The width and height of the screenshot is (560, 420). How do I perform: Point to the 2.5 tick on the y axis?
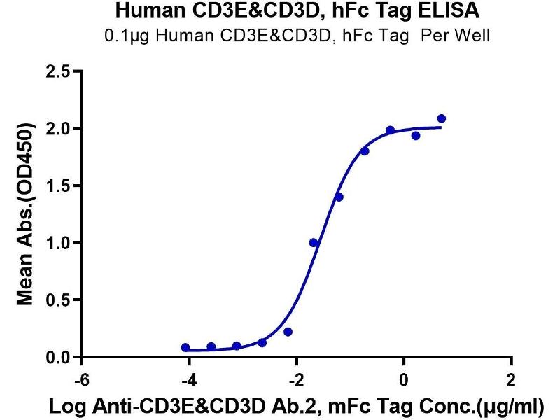pyautogui.click(x=61, y=71)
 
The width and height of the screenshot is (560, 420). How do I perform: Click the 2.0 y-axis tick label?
pyautogui.click(x=61, y=128)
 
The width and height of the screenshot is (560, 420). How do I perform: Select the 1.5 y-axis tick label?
pyautogui.click(x=61, y=185)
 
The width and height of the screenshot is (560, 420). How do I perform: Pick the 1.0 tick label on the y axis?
pyautogui.click(x=61, y=243)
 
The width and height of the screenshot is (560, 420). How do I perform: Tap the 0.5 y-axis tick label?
pyautogui.click(x=61, y=300)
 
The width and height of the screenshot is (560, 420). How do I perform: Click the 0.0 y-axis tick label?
pyautogui.click(x=61, y=358)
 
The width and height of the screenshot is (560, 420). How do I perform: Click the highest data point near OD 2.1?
pyautogui.click(x=441, y=119)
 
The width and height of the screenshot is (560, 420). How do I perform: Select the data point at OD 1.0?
pyautogui.click(x=314, y=243)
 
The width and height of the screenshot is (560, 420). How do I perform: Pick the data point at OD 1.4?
pyautogui.click(x=339, y=197)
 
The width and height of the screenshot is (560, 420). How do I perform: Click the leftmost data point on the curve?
pyautogui.click(x=185, y=347)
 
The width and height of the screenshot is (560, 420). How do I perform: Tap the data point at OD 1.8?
pyautogui.click(x=365, y=151)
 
